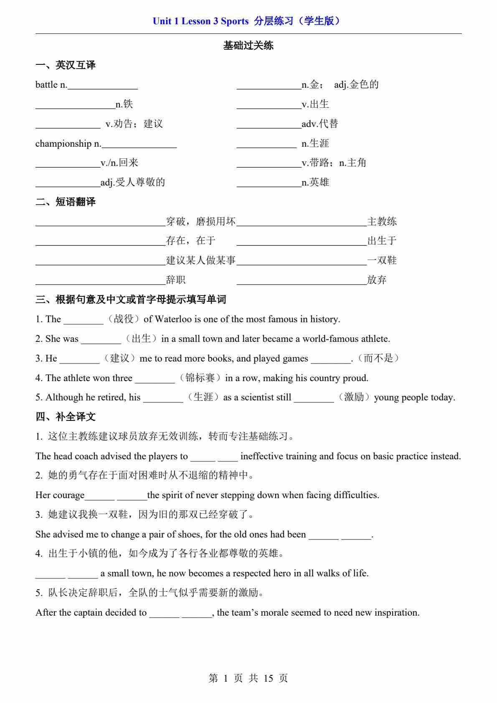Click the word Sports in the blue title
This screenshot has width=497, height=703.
point(234,21)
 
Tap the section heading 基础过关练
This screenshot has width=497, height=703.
point(248,46)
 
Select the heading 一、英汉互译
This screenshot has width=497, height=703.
point(66,65)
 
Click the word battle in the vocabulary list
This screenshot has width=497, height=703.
point(46,85)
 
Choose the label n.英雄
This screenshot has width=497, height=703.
point(315,183)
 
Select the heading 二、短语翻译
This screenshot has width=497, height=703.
point(66,202)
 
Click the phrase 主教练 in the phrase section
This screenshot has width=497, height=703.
point(382,222)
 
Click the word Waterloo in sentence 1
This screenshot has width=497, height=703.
point(173,319)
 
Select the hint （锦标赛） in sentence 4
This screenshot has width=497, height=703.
point(200,378)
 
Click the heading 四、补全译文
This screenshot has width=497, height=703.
point(66,417)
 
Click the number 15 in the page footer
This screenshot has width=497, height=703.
point(268,678)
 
